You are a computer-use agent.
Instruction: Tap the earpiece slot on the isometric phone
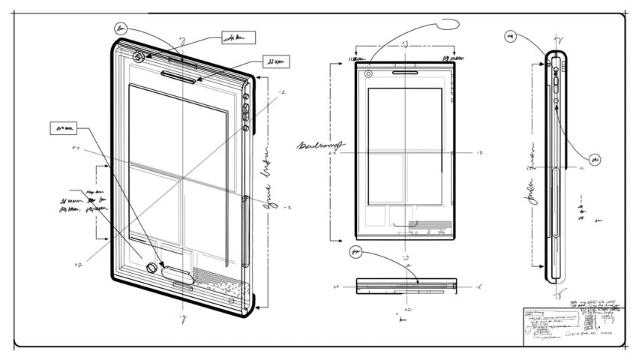tap(180, 73)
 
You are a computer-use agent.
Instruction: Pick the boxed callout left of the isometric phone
tap(65, 128)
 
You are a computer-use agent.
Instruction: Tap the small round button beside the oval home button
tap(151, 268)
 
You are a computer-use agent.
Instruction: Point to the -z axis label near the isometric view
tap(281, 92)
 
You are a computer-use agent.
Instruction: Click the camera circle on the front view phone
tap(369, 73)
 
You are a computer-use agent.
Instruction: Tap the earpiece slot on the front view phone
tap(405, 73)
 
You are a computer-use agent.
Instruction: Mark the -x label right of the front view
tap(477, 152)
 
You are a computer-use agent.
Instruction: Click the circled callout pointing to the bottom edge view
tap(355, 252)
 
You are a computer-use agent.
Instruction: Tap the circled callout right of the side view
tap(595, 159)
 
